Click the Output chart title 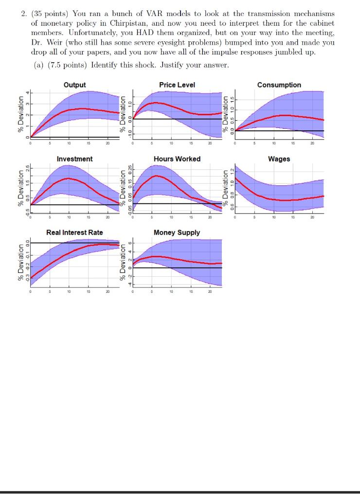click(x=74, y=85)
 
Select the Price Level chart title click(x=177, y=85)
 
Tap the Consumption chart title click(x=279, y=85)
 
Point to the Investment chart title click(x=74, y=159)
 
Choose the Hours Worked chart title click(x=177, y=159)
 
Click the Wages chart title click(x=279, y=159)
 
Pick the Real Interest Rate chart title click(x=74, y=232)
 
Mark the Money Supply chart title click(x=177, y=232)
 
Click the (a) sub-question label click(x=39, y=65)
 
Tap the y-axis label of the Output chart click(x=20, y=113)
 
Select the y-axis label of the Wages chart click(x=225, y=187)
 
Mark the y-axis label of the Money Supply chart click(x=123, y=262)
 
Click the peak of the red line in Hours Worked click(x=156, y=176)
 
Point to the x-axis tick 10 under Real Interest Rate click(x=69, y=292)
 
